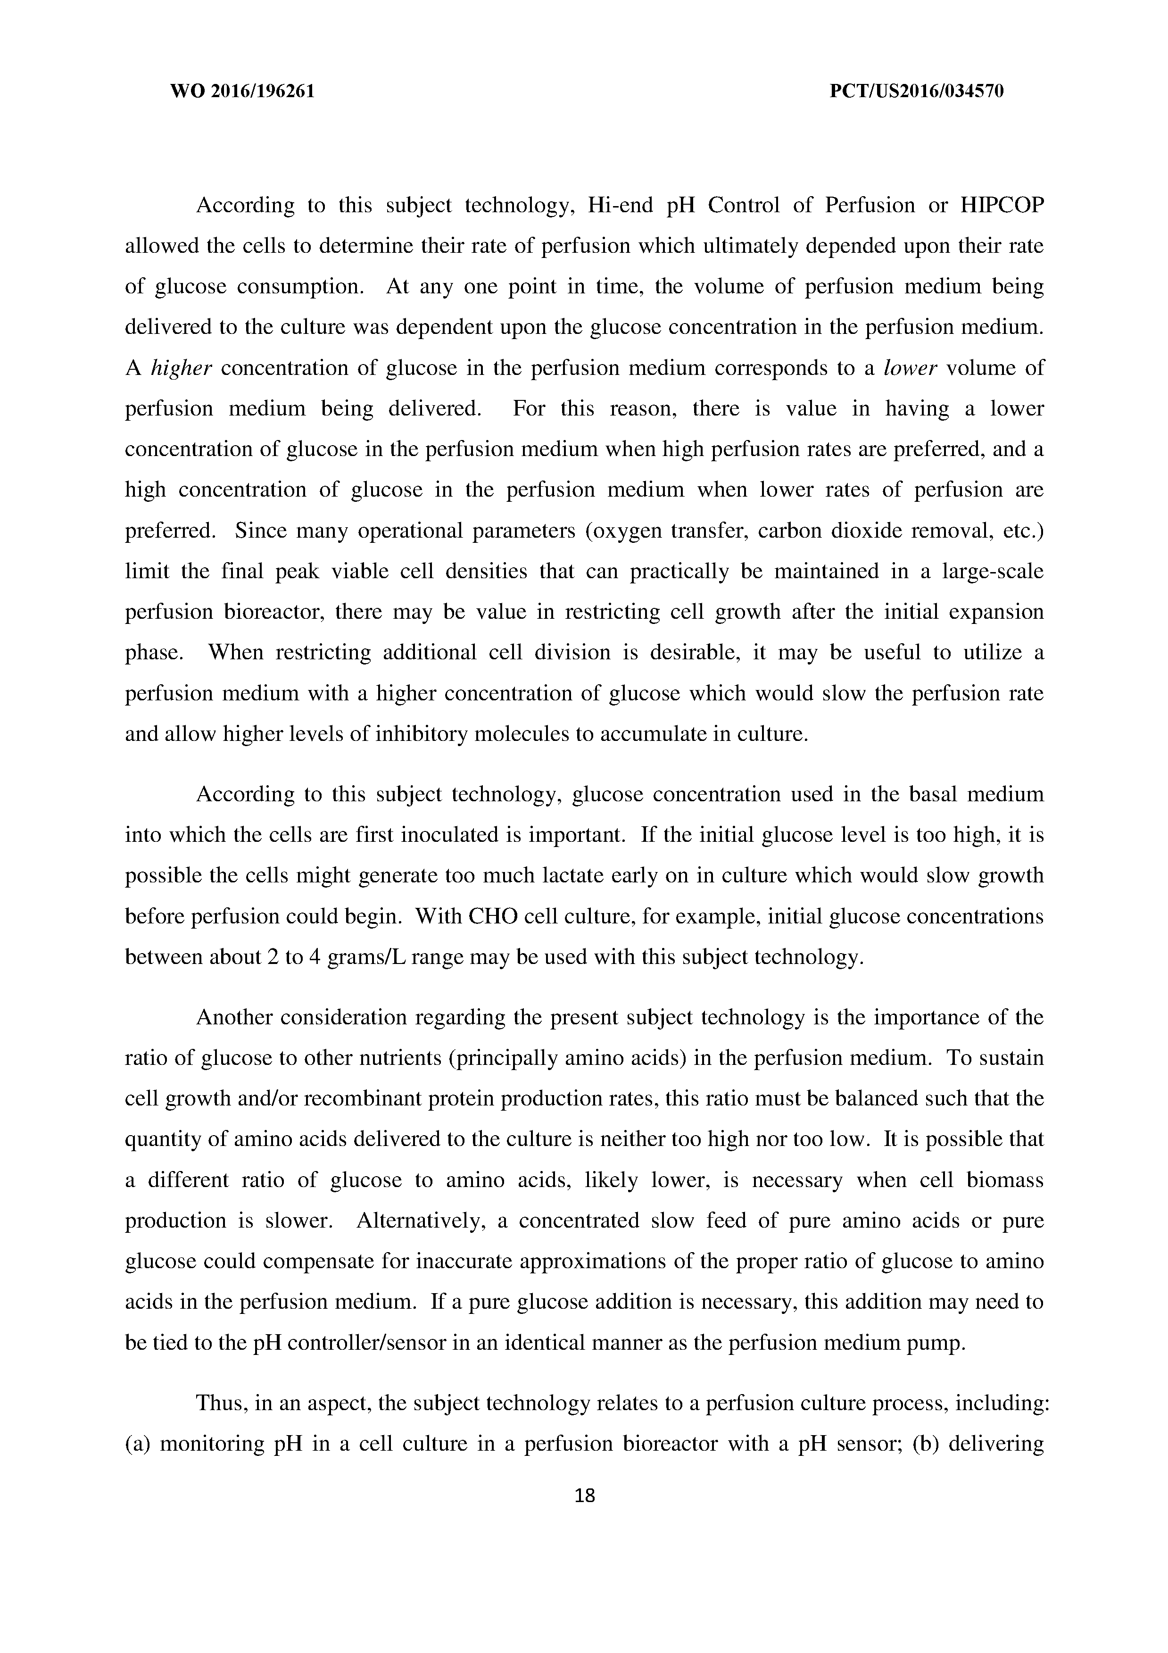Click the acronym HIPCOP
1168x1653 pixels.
[1002, 206]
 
